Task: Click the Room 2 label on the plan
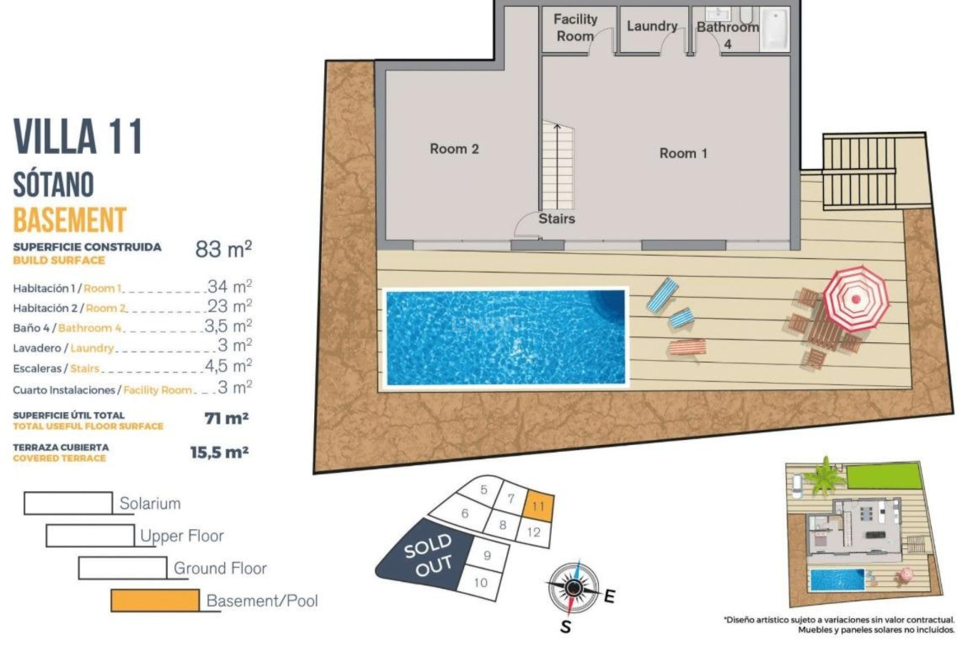click(454, 149)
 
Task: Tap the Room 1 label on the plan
click(683, 153)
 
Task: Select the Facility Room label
click(575, 28)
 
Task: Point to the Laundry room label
click(652, 26)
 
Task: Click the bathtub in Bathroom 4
click(775, 29)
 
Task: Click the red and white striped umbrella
click(856, 298)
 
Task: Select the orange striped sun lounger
click(687, 348)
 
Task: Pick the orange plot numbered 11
click(538, 506)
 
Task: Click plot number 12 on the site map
click(534, 533)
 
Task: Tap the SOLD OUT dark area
click(426, 557)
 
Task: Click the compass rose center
click(574, 587)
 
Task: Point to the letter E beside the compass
click(610, 596)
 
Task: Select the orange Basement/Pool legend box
click(155, 600)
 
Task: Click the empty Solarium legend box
click(68, 503)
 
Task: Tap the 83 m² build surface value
click(223, 249)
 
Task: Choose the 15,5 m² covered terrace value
click(219, 452)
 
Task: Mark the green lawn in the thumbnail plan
click(883, 476)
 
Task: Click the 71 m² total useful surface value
click(226, 419)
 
